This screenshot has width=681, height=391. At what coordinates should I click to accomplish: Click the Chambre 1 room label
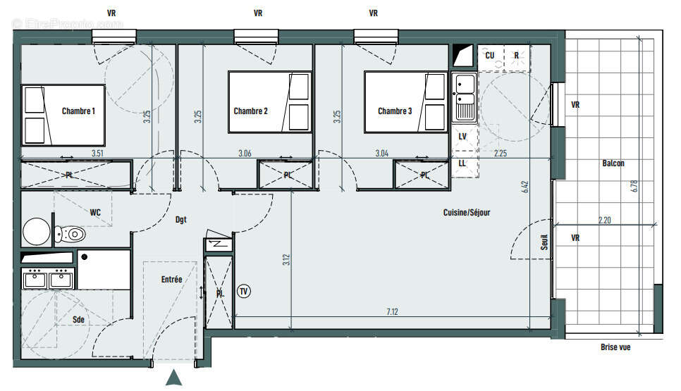[78, 111]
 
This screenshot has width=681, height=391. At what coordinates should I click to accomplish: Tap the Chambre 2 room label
[250, 111]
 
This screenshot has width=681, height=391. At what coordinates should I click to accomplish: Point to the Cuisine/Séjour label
[466, 212]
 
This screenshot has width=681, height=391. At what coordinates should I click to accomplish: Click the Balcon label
[613, 163]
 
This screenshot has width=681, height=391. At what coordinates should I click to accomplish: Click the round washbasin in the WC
[35, 230]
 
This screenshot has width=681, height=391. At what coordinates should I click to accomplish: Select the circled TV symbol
[244, 290]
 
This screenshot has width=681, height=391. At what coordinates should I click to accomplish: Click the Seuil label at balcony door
[544, 242]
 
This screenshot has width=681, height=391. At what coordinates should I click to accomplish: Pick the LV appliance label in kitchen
[462, 136]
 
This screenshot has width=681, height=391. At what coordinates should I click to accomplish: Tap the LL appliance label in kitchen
[462, 163]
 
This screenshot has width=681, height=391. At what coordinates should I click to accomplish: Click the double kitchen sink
[464, 98]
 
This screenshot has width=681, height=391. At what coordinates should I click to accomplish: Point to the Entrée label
[171, 279]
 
